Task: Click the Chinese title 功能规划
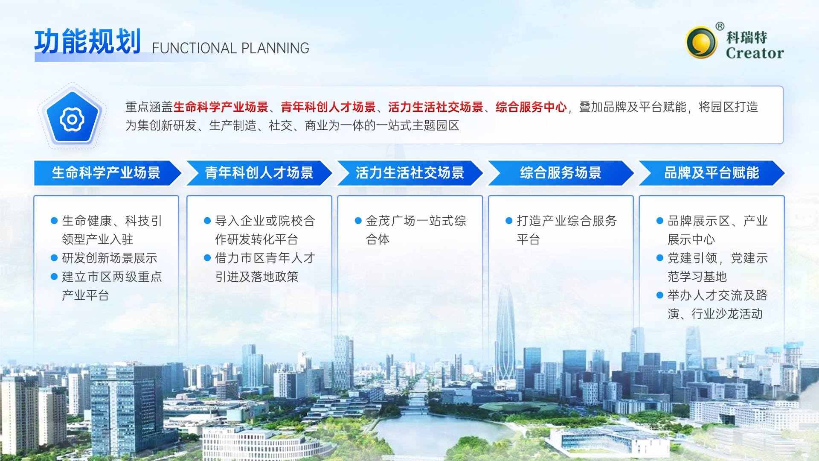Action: click(x=87, y=42)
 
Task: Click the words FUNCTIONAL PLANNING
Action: click(x=230, y=48)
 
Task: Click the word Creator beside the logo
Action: click(x=755, y=53)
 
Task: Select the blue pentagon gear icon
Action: click(x=72, y=118)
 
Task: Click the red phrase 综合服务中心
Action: click(x=531, y=107)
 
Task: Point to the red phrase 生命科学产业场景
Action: click(x=221, y=107)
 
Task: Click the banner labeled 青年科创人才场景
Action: click(x=259, y=173)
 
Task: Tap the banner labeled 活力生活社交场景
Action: click(x=410, y=173)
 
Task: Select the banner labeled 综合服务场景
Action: click(x=561, y=173)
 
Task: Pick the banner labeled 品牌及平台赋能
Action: click(x=712, y=173)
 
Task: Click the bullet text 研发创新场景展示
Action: click(x=110, y=258)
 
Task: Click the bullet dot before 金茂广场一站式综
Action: click(x=358, y=221)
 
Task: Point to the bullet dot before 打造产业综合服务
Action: click(x=509, y=221)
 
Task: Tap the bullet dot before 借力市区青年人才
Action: click(x=207, y=258)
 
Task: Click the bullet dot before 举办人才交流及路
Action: click(x=660, y=295)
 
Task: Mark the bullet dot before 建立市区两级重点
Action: click(x=54, y=277)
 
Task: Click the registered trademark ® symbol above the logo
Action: click(x=720, y=26)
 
